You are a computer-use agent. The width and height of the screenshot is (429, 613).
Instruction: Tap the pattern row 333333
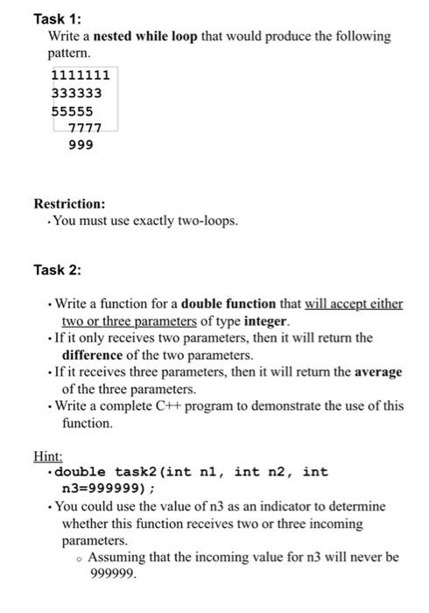click(77, 93)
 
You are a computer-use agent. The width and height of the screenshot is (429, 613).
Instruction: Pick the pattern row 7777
click(85, 128)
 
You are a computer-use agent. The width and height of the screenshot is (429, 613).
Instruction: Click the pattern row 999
click(81, 144)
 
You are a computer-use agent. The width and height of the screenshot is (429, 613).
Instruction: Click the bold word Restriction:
click(69, 203)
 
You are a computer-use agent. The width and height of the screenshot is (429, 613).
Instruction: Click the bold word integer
click(262, 321)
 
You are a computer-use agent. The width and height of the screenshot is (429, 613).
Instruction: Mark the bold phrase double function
click(229, 304)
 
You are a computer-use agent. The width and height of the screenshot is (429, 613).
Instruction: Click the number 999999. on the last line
click(114, 574)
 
